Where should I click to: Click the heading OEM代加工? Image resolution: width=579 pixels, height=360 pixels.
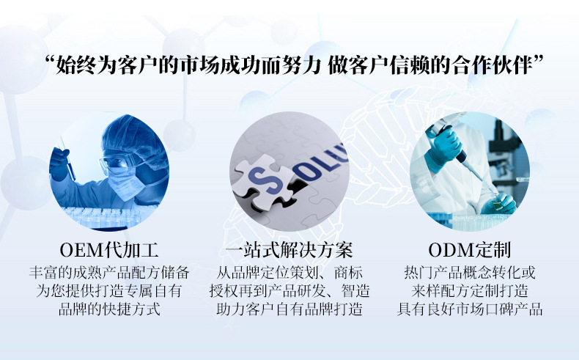[109, 250]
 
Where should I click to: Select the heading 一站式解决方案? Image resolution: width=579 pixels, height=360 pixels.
[289, 250]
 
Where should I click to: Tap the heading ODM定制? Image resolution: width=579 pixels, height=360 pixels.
[470, 250]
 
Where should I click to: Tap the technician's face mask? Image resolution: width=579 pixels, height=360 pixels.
[126, 183]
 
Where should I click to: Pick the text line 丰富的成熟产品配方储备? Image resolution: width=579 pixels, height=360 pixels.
[109, 273]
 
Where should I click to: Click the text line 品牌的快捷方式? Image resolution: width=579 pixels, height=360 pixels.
[109, 309]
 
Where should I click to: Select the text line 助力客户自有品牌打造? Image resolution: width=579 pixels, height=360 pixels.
[289, 309]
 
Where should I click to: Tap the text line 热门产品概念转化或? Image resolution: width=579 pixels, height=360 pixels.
[470, 273]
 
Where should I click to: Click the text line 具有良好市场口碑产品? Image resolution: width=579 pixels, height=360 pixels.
[470, 309]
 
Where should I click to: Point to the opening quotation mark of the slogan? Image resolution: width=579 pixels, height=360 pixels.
[50, 59]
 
